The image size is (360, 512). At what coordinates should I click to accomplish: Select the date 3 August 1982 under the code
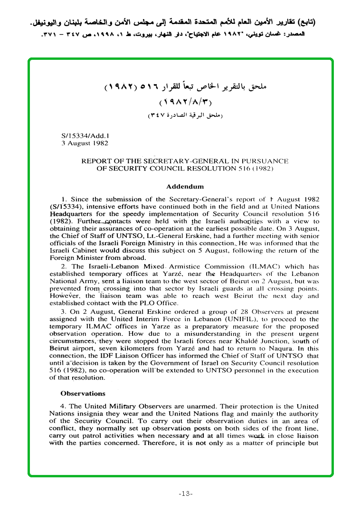click(x=85, y=143)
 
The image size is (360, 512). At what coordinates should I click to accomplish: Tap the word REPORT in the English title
click(x=96, y=161)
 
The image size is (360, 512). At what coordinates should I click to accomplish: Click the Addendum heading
click(x=185, y=187)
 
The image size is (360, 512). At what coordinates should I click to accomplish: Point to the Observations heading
click(x=83, y=393)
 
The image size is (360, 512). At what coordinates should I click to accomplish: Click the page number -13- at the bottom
click(x=185, y=494)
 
